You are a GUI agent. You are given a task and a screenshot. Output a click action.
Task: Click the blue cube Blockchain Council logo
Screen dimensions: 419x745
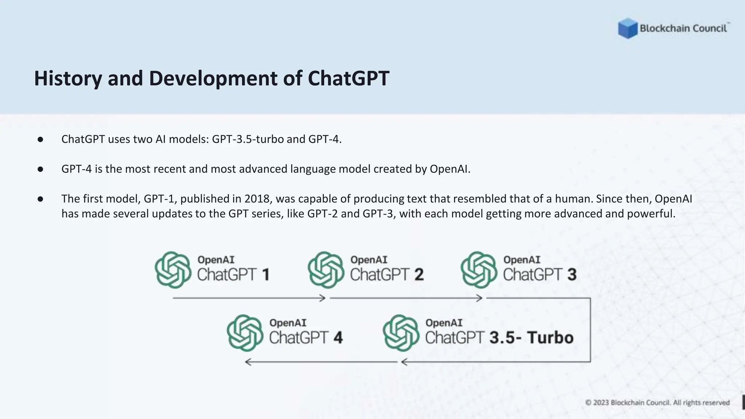[628, 28]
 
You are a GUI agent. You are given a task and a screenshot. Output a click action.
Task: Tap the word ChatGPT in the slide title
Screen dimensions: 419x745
[348, 78]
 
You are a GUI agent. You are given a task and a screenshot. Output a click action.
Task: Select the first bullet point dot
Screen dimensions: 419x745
[40, 140]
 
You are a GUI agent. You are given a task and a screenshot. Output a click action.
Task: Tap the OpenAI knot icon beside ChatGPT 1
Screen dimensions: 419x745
[173, 270]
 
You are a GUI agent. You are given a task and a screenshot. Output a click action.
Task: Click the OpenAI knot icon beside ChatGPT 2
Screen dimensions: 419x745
[326, 270]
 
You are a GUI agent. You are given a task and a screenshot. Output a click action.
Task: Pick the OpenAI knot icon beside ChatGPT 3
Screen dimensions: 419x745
[479, 270]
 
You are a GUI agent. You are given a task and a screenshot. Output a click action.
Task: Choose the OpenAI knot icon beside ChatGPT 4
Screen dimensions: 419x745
[245, 333]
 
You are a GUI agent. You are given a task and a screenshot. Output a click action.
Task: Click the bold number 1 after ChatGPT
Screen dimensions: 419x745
[266, 275]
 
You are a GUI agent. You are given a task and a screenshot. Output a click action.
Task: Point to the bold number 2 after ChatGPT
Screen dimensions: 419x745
[419, 275]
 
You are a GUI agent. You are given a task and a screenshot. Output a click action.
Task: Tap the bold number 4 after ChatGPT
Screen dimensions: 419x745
[338, 338]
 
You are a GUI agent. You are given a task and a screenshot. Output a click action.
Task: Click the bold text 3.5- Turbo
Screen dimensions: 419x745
[531, 338]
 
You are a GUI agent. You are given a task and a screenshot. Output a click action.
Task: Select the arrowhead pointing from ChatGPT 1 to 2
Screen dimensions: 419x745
[322, 298]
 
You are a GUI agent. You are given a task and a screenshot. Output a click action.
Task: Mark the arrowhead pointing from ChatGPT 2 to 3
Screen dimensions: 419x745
[479, 298]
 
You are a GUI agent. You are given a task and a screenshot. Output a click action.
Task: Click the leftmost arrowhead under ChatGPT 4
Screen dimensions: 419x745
[248, 362]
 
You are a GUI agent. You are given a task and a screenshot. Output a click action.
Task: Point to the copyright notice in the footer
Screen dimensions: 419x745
[657, 403]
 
